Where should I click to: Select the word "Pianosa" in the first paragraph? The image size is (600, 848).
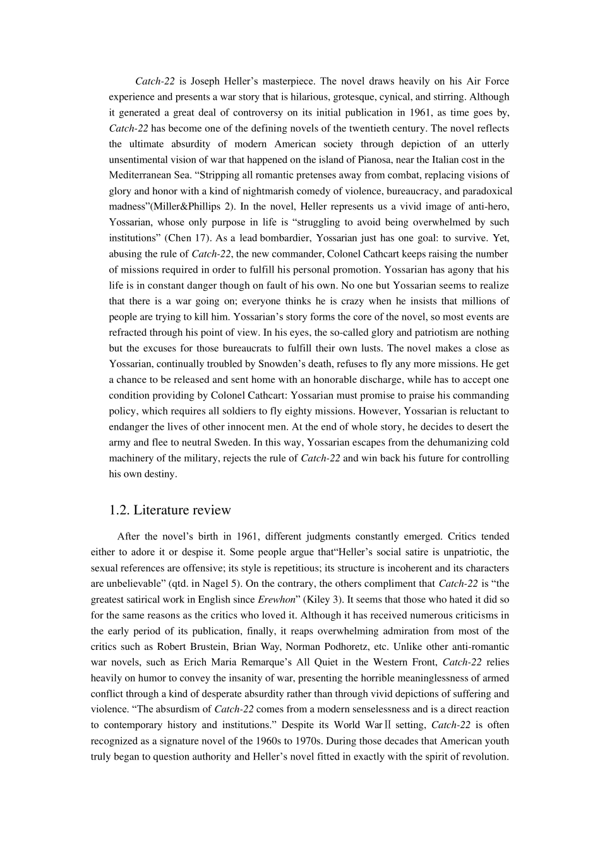(362, 160)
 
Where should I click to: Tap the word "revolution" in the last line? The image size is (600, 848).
(484, 757)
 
